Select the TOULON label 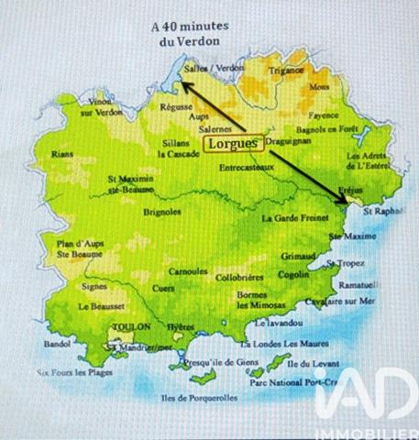(129, 326)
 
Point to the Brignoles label (163, 212)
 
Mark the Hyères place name (181, 327)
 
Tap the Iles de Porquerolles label (198, 398)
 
